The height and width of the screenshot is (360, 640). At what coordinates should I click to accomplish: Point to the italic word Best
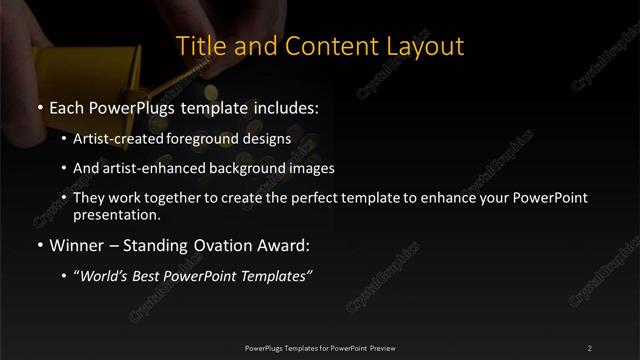coord(151,276)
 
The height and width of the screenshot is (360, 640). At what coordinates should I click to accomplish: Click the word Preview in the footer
coord(381,347)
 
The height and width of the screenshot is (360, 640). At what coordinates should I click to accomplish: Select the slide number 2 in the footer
coord(590,347)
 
